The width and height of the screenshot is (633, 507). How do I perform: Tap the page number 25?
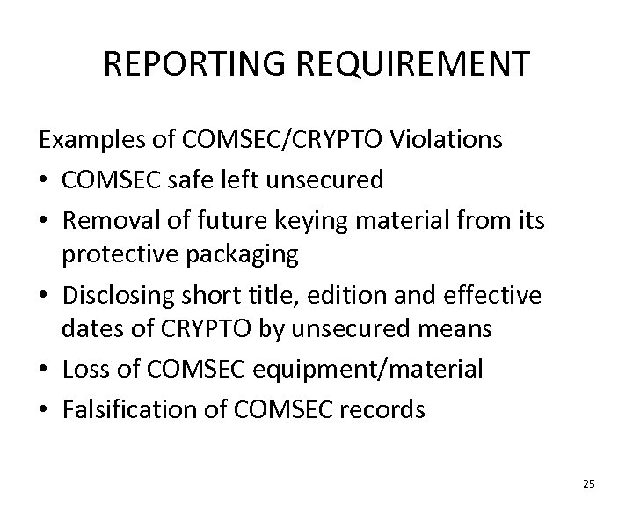588,483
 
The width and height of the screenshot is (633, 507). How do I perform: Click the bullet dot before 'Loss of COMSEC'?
45,370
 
